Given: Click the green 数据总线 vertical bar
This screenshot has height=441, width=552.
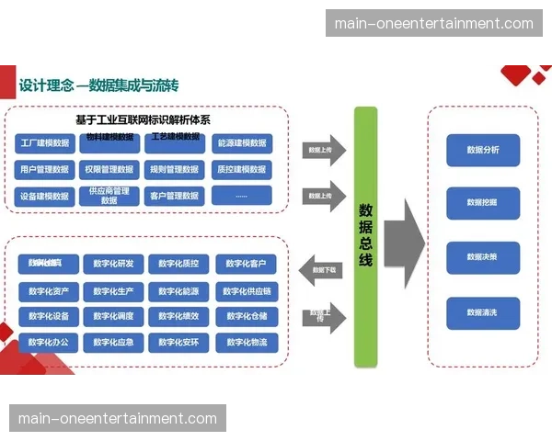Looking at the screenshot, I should point(365,237).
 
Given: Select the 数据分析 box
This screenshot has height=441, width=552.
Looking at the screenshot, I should point(483,150).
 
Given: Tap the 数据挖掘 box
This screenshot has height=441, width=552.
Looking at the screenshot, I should point(483,202).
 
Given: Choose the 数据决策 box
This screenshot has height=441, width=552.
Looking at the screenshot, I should point(483,257).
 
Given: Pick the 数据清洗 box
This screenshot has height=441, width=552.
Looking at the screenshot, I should point(483,313).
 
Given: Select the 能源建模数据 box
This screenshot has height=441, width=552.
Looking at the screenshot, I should point(242,143).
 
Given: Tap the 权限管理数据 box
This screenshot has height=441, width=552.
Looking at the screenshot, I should point(109,169).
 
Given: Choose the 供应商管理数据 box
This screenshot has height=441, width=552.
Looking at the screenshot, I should point(109,196).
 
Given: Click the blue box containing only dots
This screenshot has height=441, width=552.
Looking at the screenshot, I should point(242,196).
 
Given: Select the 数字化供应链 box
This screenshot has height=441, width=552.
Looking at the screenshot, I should point(246,291).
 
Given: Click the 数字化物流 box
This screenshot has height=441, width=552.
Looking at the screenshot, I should point(246,343).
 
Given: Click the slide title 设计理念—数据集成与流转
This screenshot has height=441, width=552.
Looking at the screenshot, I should point(99,85).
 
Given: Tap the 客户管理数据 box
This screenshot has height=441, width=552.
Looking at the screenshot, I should point(174,196).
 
